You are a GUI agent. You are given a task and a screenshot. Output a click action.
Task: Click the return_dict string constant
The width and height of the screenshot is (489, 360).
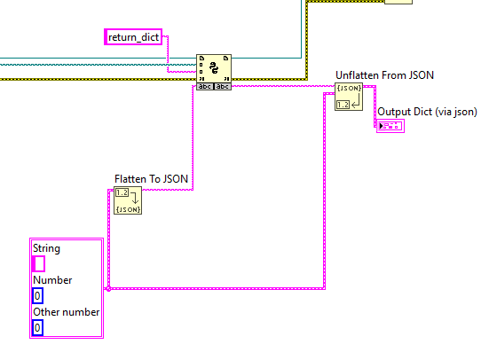(x=133, y=37)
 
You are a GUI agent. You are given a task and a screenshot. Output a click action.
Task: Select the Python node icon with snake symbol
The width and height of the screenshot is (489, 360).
(x=214, y=68)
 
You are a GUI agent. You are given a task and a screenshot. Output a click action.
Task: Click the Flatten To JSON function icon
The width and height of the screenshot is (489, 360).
(x=128, y=200)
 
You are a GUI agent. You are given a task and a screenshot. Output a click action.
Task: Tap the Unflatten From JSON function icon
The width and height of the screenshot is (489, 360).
(x=349, y=97)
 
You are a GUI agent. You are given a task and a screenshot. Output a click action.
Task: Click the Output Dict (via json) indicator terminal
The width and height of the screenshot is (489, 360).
(x=390, y=126)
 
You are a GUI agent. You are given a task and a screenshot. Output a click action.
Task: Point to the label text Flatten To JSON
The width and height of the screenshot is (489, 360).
(x=151, y=179)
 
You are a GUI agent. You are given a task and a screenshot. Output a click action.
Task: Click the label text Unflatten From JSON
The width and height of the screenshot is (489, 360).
(x=384, y=75)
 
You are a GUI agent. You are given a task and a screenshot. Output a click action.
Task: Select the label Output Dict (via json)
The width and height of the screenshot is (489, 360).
(x=427, y=112)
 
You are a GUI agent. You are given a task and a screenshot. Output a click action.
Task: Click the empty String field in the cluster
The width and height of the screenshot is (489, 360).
(x=39, y=263)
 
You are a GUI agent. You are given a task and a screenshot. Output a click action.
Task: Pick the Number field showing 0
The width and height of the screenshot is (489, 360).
(x=37, y=296)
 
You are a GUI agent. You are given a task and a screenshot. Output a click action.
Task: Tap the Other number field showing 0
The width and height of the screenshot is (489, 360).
(x=37, y=327)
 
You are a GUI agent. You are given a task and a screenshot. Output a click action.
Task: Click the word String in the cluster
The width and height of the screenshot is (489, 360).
(x=46, y=249)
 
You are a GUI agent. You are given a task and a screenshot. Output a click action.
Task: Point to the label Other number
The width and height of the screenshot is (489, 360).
(x=66, y=312)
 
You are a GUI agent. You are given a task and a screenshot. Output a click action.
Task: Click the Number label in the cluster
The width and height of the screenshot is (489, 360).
(x=52, y=280)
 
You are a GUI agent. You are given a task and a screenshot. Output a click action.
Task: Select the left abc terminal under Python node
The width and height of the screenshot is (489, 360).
(x=205, y=87)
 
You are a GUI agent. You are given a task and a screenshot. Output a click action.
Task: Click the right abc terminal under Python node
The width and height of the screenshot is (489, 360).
(x=223, y=87)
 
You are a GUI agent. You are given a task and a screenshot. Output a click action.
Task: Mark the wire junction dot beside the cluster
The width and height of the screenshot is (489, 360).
(x=108, y=289)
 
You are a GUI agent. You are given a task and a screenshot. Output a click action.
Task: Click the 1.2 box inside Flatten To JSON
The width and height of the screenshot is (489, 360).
(x=122, y=193)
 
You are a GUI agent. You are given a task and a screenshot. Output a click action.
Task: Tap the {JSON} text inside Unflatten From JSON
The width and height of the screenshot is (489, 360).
(x=349, y=89)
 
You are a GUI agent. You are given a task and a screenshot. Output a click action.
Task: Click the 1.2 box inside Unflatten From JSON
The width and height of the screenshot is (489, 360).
(x=343, y=105)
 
